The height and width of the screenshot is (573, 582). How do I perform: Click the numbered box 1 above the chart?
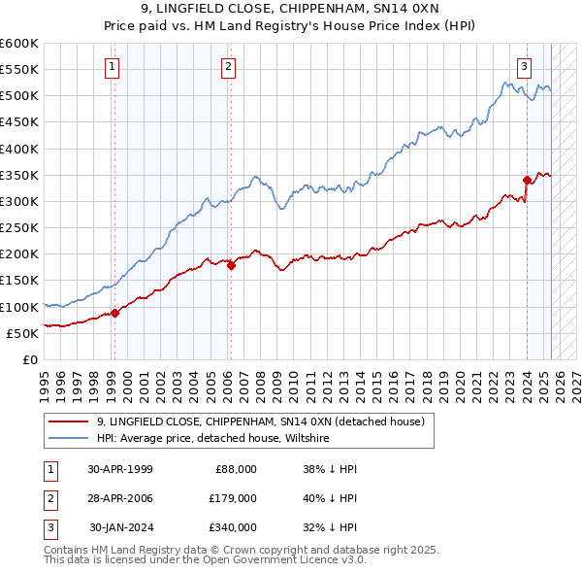(x=113, y=67)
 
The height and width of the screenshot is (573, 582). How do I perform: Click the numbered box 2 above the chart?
(x=228, y=67)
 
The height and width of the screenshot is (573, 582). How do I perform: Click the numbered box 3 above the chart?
(x=524, y=67)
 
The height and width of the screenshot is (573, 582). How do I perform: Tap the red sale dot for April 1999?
(x=114, y=313)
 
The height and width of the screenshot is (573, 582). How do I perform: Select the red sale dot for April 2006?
(x=231, y=265)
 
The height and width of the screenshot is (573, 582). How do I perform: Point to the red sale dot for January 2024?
(x=527, y=180)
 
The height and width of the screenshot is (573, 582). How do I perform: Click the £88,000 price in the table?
(x=235, y=469)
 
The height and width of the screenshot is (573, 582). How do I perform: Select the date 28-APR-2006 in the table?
(x=120, y=498)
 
